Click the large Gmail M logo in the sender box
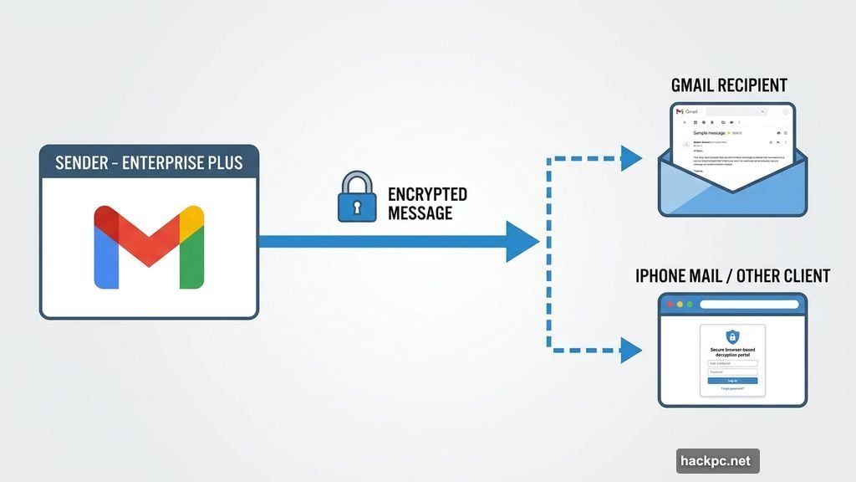point(149,247)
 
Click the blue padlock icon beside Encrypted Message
point(356,197)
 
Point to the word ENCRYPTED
point(427,195)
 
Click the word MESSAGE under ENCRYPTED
point(420,213)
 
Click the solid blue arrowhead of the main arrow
point(522,242)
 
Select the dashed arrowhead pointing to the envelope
point(631,157)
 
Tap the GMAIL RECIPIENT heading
point(729,85)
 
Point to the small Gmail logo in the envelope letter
point(680,111)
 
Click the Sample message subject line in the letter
point(711,133)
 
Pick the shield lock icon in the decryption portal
point(732,336)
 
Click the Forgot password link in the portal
point(732,388)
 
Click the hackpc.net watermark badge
point(717,461)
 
